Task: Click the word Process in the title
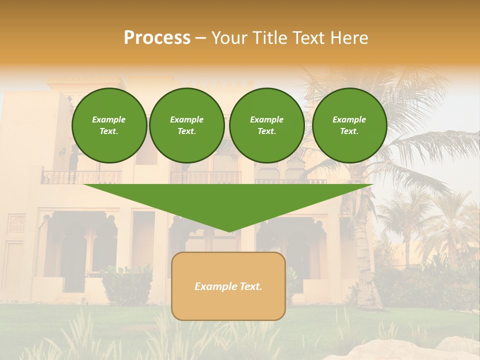pyautogui.click(x=157, y=37)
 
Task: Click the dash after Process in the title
pyautogui.click(x=200, y=38)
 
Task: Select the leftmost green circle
pyautogui.click(x=109, y=125)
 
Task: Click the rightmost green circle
pyautogui.click(x=349, y=125)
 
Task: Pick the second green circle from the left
pyautogui.click(x=187, y=125)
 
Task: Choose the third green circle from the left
pyautogui.click(x=267, y=125)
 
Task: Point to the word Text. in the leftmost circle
pyautogui.click(x=109, y=131)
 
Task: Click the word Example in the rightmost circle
pyautogui.click(x=349, y=119)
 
